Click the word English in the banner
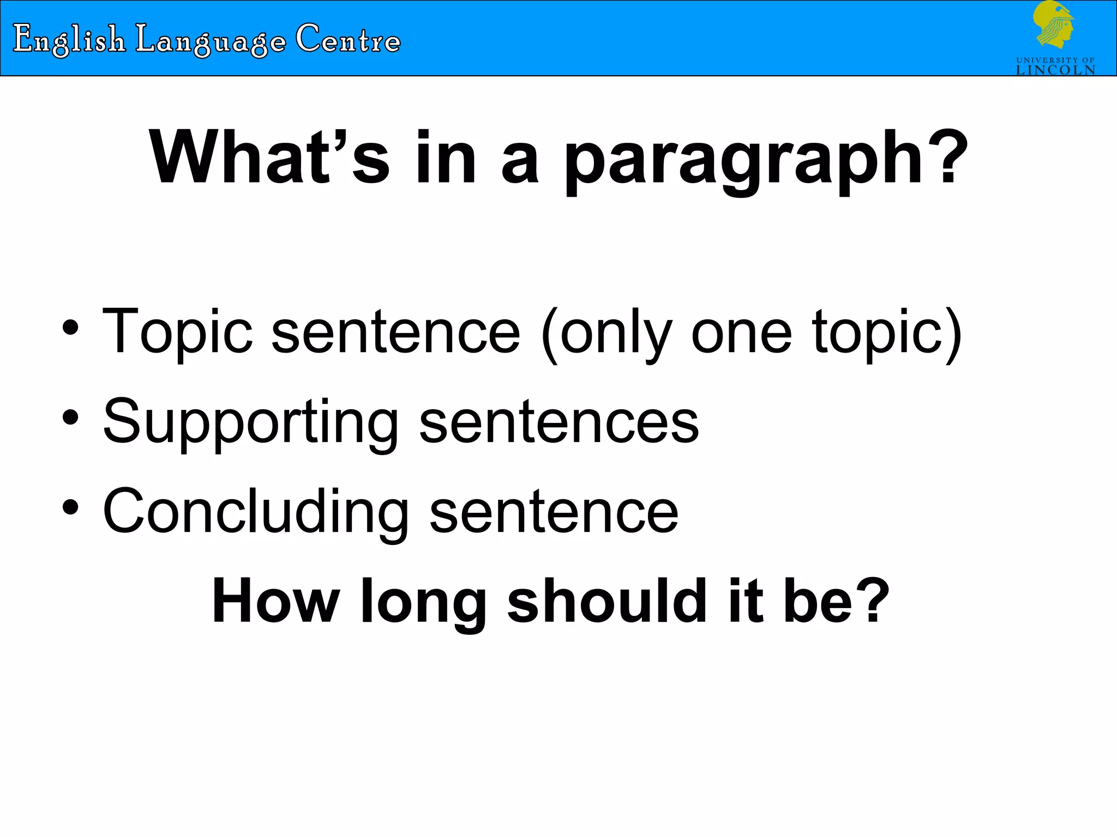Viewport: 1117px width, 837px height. [x=69, y=39]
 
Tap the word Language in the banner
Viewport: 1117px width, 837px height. [x=211, y=40]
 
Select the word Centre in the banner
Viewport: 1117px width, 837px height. [x=348, y=39]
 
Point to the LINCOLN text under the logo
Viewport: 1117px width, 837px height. [x=1055, y=70]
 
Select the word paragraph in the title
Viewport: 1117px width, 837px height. [x=742, y=161]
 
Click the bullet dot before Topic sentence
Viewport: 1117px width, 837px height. [x=70, y=328]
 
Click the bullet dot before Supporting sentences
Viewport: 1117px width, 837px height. [x=70, y=418]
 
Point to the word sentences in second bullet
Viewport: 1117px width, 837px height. [x=558, y=422]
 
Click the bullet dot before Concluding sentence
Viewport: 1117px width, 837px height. [x=70, y=508]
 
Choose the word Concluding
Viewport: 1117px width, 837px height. [x=255, y=512]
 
